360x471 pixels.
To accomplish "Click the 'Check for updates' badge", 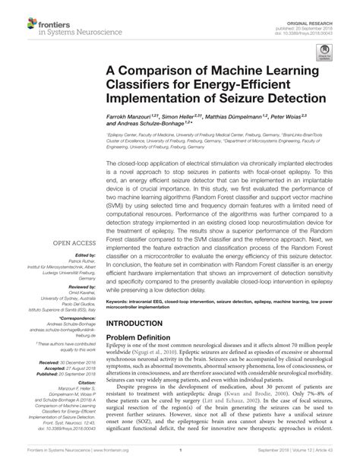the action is pos(326,58).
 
